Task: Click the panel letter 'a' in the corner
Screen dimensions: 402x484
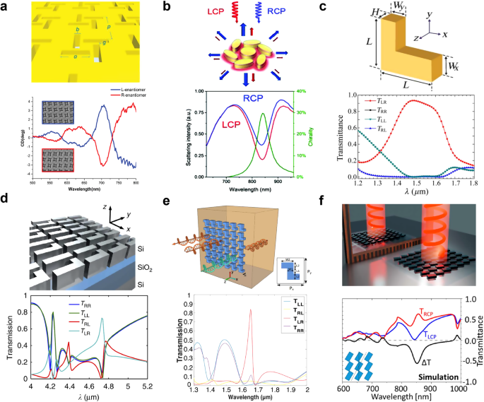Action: click(6, 8)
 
